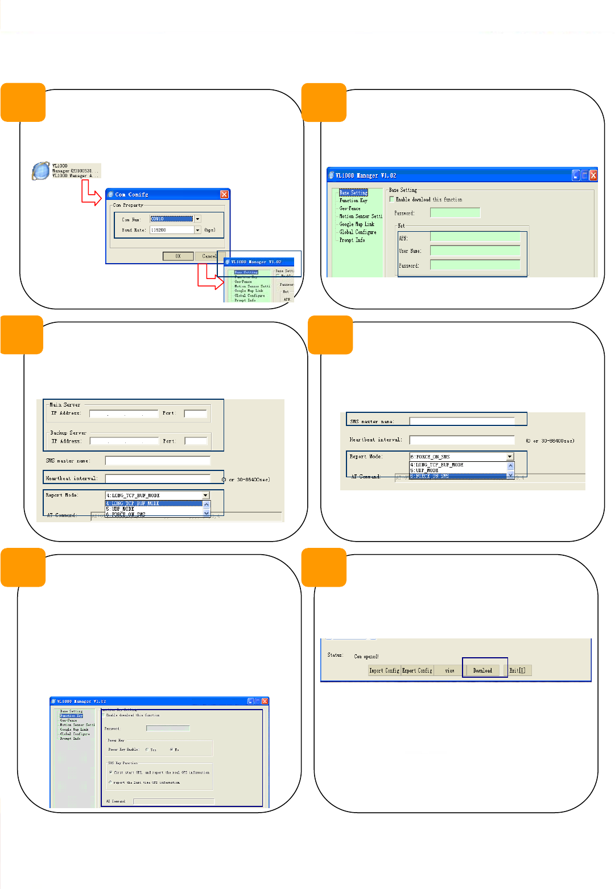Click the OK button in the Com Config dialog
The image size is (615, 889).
(x=178, y=256)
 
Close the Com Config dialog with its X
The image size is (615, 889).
(x=224, y=195)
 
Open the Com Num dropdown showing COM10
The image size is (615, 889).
(x=197, y=219)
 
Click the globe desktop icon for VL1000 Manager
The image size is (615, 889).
(x=41, y=171)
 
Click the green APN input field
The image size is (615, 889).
(x=475, y=237)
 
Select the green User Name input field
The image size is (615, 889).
(x=475, y=251)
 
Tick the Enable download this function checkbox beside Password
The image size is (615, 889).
(x=391, y=199)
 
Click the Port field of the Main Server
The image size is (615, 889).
(x=195, y=413)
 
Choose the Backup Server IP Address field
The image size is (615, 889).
(x=124, y=441)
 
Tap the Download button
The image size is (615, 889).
(x=482, y=670)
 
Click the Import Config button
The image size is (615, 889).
(x=384, y=670)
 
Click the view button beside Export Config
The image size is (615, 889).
(x=449, y=670)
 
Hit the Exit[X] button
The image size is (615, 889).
(x=517, y=670)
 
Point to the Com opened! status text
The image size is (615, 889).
(x=366, y=657)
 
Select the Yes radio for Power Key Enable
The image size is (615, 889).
(x=147, y=749)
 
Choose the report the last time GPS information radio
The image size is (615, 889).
(x=110, y=783)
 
